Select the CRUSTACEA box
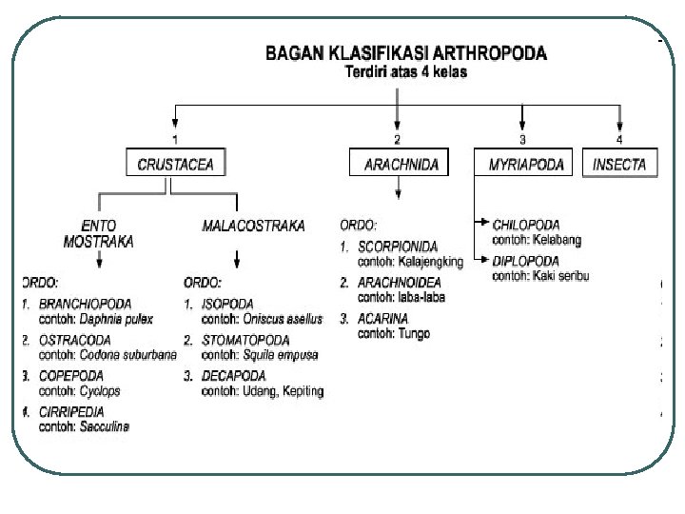click(176, 165)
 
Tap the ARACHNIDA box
click(401, 165)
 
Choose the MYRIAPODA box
click(526, 165)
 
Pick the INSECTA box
click(619, 165)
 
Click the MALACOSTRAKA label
click(253, 226)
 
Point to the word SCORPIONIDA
click(398, 246)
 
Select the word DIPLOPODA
click(525, 261)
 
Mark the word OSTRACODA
click(75, 339)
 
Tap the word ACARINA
click(382, 319)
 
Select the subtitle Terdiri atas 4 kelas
click(404, 71)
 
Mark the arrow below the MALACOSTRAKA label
click(236, 258)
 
